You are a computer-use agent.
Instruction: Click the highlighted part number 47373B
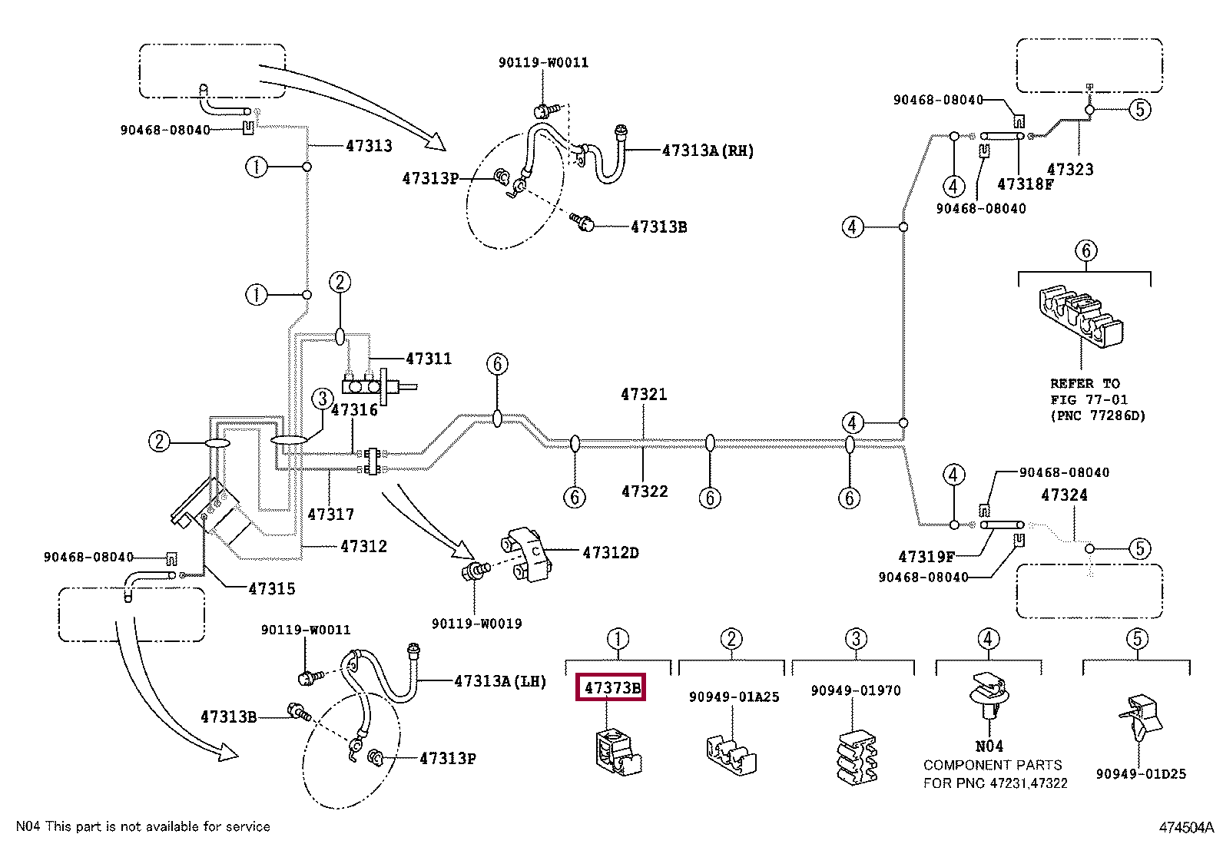coord(611,687)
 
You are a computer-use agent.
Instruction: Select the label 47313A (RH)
coord(708,151)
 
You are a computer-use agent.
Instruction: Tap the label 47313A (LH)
coord(499,680)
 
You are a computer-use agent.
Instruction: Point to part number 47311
coord(429,359)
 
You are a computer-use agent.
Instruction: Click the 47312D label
coord(610,552)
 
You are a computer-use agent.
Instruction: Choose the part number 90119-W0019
coord(476,624)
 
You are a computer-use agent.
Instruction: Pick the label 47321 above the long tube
coord(644,395)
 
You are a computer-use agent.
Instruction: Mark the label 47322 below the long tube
coord(645,492)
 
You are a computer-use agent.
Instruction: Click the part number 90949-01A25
coord(734,697)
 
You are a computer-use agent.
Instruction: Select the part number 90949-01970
coord(856,690)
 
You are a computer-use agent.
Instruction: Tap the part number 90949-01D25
coord(1141,774)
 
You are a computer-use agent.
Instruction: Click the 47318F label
coord(1025,184)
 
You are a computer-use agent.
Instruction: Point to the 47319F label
coord(926,557)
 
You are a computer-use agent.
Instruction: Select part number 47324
coord(1064,495)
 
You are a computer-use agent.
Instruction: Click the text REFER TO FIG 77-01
coord(1089,392)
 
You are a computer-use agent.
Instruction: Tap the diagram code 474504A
coord(1186,827)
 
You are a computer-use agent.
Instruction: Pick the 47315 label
coord(271,589)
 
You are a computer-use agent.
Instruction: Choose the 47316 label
coord(354,410)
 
